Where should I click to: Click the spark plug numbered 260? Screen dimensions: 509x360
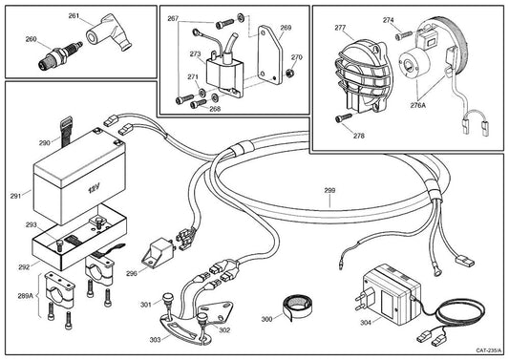(x=60, y=54)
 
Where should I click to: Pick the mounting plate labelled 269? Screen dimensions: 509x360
(x=270, y=55)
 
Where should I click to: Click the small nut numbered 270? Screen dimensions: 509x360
(x=291, y=73)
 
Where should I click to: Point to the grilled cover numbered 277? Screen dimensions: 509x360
(x=363, y=76)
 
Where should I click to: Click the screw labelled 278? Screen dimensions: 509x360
(x=344, y=117)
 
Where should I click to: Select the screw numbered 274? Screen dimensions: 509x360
(x=404, y=34)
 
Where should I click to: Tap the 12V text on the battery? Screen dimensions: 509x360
(x=95, y=188)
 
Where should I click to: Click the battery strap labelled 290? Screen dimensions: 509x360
(x=67, y=130)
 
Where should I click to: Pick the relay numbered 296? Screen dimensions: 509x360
(x=159, y=251)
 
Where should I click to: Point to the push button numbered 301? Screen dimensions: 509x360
(x=168, y=299)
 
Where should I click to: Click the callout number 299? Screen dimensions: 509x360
(x=329, y=190)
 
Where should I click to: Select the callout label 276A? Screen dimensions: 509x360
(x=417, y=105)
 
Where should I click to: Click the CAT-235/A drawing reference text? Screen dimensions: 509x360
(x=489, y=350)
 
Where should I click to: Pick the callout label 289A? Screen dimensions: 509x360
(x=26, y=296)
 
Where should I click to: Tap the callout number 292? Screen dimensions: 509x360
(x=24, y=267)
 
